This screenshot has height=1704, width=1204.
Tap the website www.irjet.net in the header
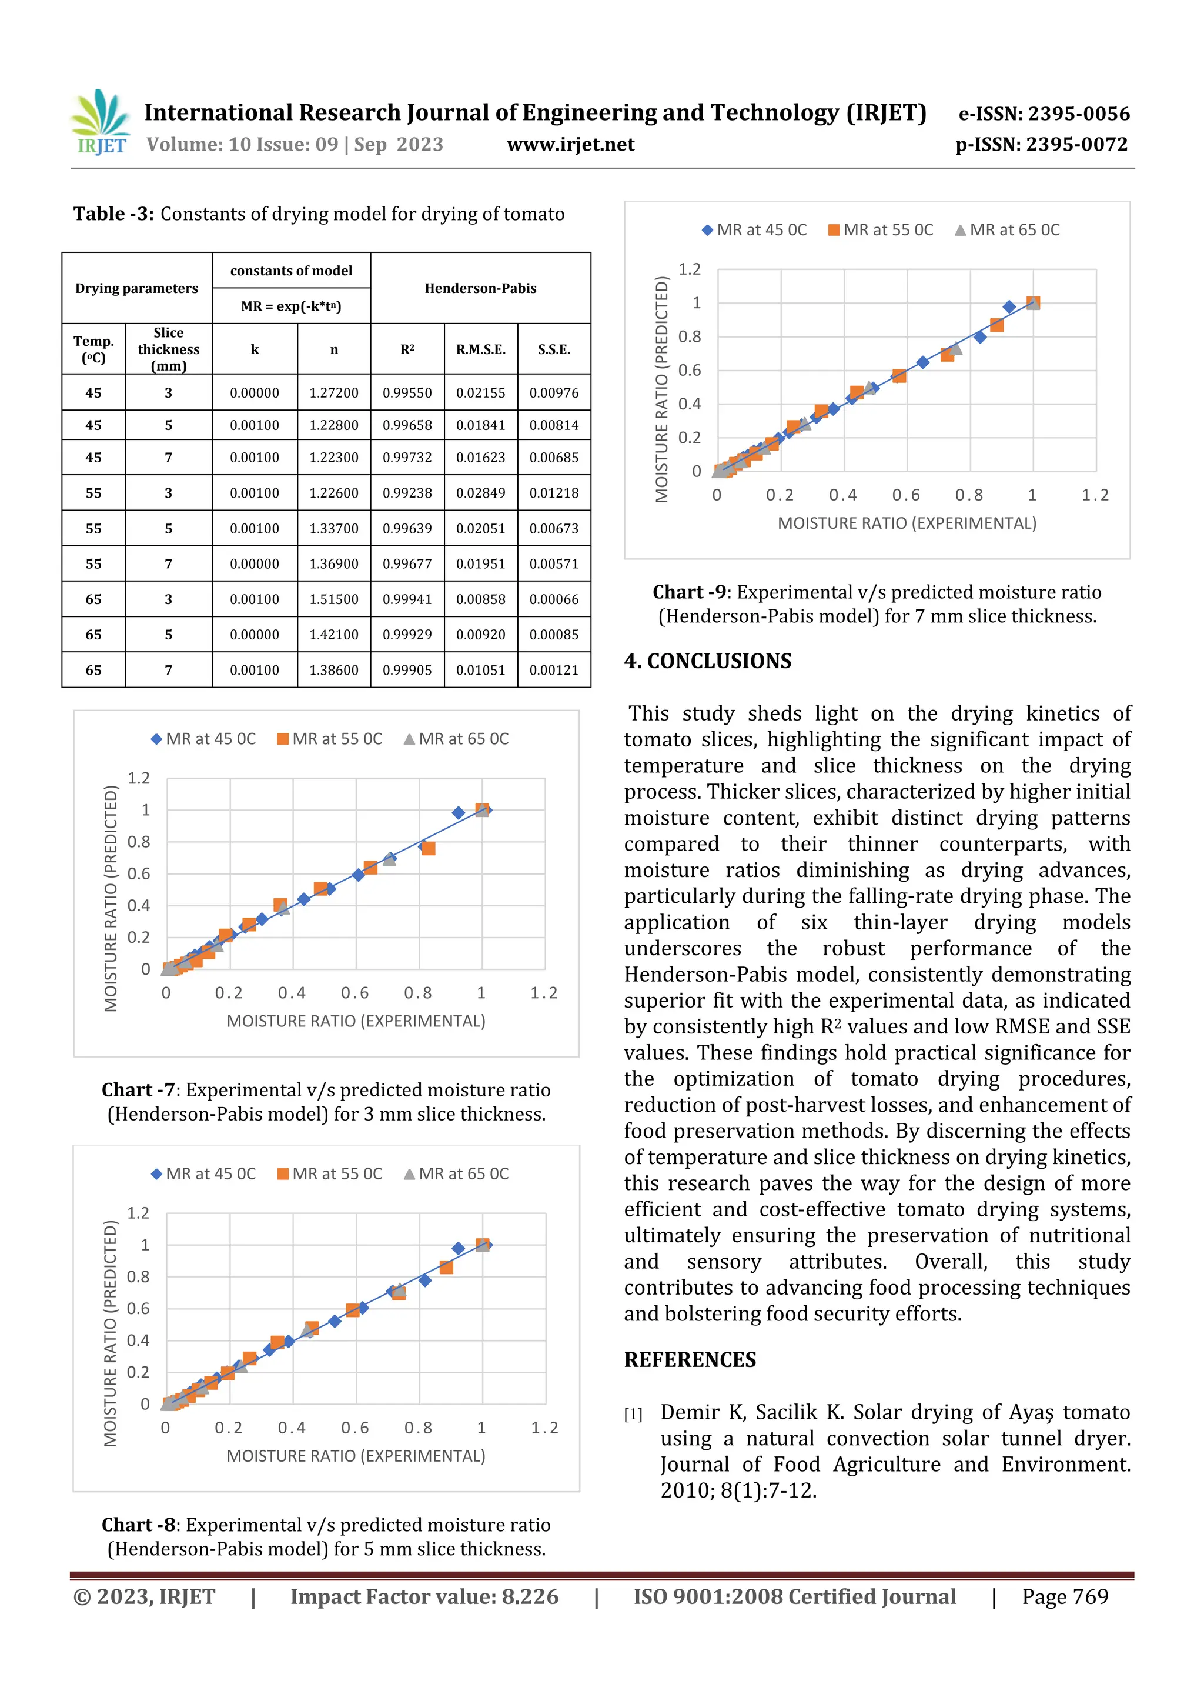click(570, 145)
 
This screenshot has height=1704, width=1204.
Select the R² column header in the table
click(407, 349)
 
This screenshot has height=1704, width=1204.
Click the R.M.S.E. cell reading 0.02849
click(481, 493)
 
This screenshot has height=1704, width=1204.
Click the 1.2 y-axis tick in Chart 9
click(689, 269)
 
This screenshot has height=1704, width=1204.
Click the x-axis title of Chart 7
click(356, 1021)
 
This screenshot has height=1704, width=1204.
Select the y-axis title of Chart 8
click(111, 1333)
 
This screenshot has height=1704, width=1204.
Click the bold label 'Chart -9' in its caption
click(689, 592)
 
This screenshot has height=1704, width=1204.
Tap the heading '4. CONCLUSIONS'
click(708, 661)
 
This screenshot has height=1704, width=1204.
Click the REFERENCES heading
click(690, 1360)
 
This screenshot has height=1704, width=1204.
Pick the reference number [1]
click(633, 1415)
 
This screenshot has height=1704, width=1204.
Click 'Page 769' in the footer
click(1065, 1597)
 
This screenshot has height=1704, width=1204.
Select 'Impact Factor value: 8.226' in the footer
click(424, 1597)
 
